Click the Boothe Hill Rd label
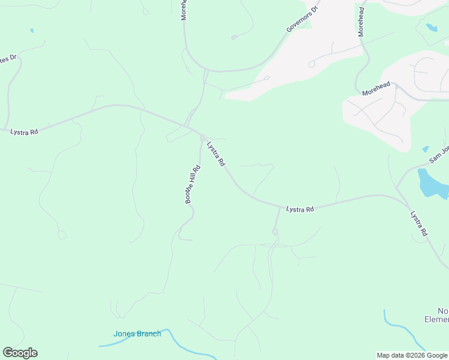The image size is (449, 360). pyautogui.click(x=193, y=184)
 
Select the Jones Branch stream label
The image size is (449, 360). pyautogui.click(x=137, y=334)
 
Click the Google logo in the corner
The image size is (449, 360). pyautogui.click(x=20, y=353)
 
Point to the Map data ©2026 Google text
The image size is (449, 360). pyautogui.click(x=412, y=355)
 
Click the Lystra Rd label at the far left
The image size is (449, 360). pyautogui.click(x=24, y=131)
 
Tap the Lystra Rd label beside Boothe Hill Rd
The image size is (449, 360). pyautogui.click(x=215, y=154)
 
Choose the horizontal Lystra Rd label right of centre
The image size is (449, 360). pyautogui.click(x=300, y=209)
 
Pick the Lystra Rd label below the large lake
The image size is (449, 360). pyautogui.click(x=419, y=223)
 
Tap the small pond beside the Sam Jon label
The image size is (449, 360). pyautogui.click(x=426, y=149)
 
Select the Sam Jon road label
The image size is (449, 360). pyautogui.click(x=439, y=154)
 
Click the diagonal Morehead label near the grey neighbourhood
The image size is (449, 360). pyautogui.click(x=376, y=89)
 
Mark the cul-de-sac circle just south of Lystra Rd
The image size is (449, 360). pyautogui.click(x=276, y=232)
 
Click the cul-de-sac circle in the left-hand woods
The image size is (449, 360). pyautogui.click(x=62, y=235)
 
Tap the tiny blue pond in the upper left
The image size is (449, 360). pyautogui.click(x=31, y=31)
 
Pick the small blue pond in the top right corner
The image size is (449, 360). pyautogui.click(x=432, y=27)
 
